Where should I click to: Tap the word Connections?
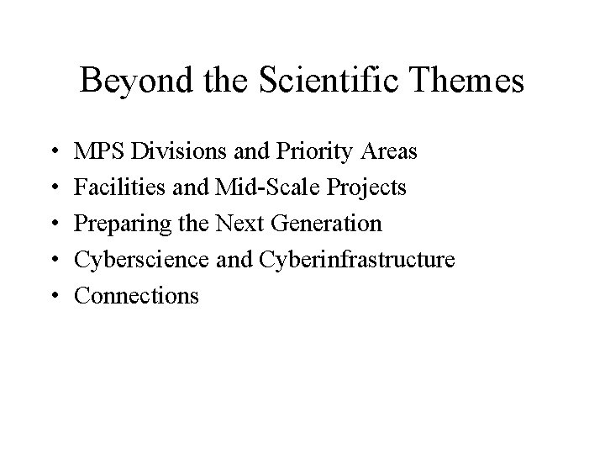[x=136, y=296]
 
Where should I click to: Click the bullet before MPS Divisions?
[x=53, y=153]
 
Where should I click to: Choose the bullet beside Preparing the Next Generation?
[x=53, y=224]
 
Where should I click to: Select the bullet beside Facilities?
[x=53, y=188]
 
